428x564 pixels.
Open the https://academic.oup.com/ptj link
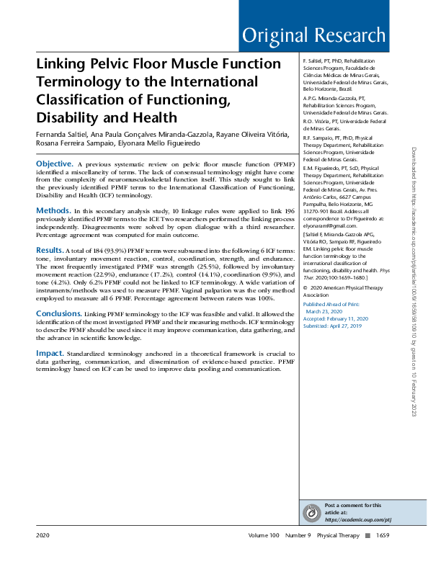point(357,519)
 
